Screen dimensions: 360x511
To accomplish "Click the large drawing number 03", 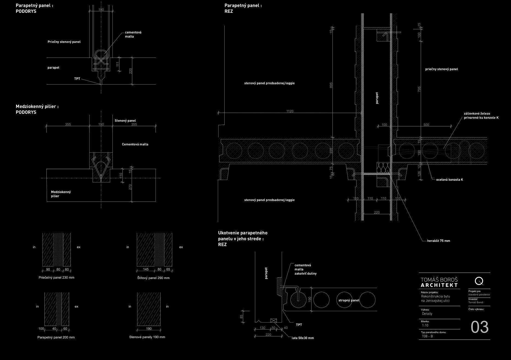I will [480, 327].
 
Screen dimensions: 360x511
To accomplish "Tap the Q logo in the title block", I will [479, 281].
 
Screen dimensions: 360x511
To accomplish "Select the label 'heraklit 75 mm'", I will [438, 241].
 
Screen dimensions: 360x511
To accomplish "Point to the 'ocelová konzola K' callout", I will [449, 179].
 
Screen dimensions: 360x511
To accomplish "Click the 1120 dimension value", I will [290, 111].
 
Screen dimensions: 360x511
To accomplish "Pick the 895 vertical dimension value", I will [331, 85].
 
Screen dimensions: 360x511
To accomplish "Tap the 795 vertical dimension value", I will [419, 89].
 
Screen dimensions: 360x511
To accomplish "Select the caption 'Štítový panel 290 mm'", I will [153, 278].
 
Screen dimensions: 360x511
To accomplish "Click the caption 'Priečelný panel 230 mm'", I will [57, 278].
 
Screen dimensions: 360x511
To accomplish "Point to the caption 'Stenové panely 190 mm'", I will [147, 337].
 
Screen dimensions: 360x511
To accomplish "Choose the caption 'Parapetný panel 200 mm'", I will [56, 337].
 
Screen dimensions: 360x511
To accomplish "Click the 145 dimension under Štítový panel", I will [146, 269].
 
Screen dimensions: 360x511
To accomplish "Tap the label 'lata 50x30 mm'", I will [303, 338].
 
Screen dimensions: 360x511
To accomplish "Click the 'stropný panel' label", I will [349, 300].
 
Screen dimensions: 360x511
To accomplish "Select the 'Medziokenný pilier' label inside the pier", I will [61, 194].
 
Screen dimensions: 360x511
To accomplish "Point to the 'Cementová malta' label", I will [135, 144].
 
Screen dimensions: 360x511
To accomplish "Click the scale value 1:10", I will [425, 325].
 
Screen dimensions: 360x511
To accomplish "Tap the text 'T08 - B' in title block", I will [427, 336].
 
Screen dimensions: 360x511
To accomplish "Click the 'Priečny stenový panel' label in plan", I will [64, 42].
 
